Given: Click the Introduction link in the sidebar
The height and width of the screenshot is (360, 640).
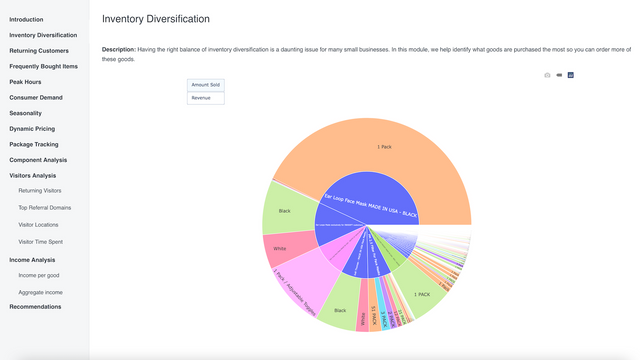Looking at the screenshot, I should click(x=27, y=19).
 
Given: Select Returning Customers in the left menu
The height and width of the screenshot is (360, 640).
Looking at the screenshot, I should click(x=40, y=50).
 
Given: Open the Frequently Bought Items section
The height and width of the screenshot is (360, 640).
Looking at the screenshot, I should click(x=43, y=66).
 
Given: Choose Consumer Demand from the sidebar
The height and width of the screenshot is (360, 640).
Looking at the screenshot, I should click(x=36, y=97).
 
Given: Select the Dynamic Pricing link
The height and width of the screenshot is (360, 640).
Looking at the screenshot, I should click(x=33, y=129).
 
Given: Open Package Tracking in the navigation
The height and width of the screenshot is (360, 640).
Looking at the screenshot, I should click(x=34, y=144).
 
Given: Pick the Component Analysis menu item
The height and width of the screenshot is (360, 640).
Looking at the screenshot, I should click(x=38, y=160).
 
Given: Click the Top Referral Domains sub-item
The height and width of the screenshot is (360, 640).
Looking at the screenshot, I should click(x=45, y=207).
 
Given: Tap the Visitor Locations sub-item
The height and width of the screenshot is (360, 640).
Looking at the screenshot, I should click(x=40, y=224).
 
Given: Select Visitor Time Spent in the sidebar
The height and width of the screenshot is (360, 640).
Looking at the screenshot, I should click(x=41, y=241).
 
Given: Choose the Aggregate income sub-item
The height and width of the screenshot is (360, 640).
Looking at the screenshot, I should click(x=40, y=292).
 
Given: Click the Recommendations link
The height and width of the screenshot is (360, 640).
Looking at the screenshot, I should click(x=35, y=306).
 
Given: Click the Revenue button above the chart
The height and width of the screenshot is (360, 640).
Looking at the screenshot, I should click(x=206, y=98).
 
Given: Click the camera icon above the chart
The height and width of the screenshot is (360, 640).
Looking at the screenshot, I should click(x=547, y=75).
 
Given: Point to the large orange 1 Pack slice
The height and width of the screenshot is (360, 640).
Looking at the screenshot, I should click(x=385, y=150).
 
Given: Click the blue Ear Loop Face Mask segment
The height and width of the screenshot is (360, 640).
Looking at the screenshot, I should click(x=370, y=195).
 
